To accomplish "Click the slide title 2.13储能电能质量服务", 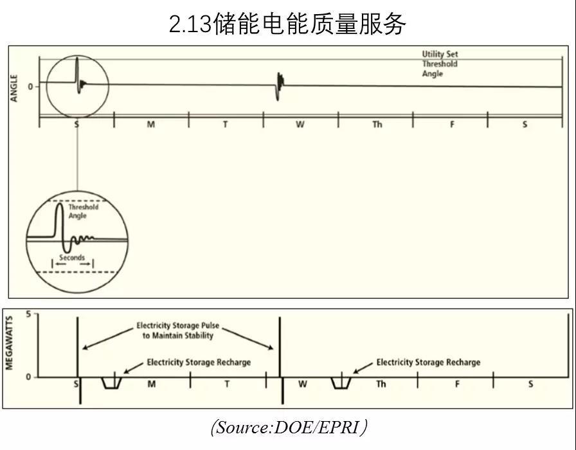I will (x=287, y=24).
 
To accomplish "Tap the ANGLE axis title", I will (x=14, y=89).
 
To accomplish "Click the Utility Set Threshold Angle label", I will (x=440, y=64).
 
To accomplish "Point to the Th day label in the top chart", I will (x=377, y=125).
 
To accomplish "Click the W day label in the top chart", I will (x=300, y=125).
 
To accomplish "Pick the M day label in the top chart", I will (x=150, y=125).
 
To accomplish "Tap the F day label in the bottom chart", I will (x=457, y=384).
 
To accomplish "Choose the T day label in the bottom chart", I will (x=227, y=384).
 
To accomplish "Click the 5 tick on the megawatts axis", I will (x=28, y=314).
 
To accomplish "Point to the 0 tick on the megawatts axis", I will (x=28, y=377).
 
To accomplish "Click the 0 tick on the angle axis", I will (x=30, y=85).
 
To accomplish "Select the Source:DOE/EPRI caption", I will (x=289, y=427).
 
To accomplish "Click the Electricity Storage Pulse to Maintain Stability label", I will (x=177, y=330).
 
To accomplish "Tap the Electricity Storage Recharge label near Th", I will (x=428, y=363).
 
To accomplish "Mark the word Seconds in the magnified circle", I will (x=71, y=258).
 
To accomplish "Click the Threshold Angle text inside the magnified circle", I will (x=83, y=212).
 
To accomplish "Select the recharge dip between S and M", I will (x=112, y=383).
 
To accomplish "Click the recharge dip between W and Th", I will (x=341, y=383).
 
